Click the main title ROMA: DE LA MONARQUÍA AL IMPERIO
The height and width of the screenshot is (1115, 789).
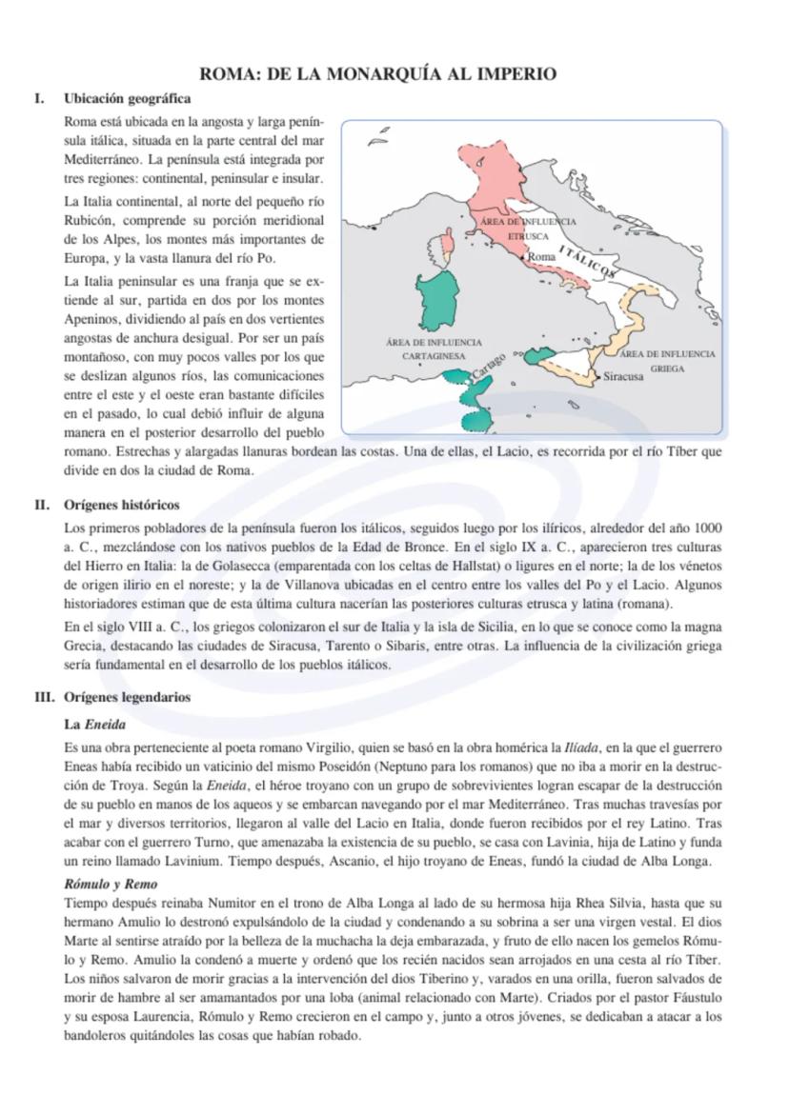click(377, 74)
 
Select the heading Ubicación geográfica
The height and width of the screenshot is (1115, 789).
click(127, 99)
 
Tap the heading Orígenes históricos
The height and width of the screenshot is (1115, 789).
click(121, 505)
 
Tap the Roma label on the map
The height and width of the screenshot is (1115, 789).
click(541, 257)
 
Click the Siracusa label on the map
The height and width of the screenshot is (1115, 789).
click(624, 376)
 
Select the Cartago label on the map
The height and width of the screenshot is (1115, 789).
click(488, 364)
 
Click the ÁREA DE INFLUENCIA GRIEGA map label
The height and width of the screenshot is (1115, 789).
click(667, 360)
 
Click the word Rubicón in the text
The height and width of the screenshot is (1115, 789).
click(88, 219)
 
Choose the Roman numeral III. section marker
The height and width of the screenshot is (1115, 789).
click(43, 697)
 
